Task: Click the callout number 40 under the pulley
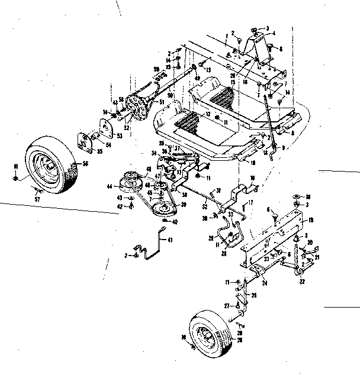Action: click(174, 222)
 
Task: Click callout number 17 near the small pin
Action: click(251, 203)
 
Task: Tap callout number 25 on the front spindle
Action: click(254, 294)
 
